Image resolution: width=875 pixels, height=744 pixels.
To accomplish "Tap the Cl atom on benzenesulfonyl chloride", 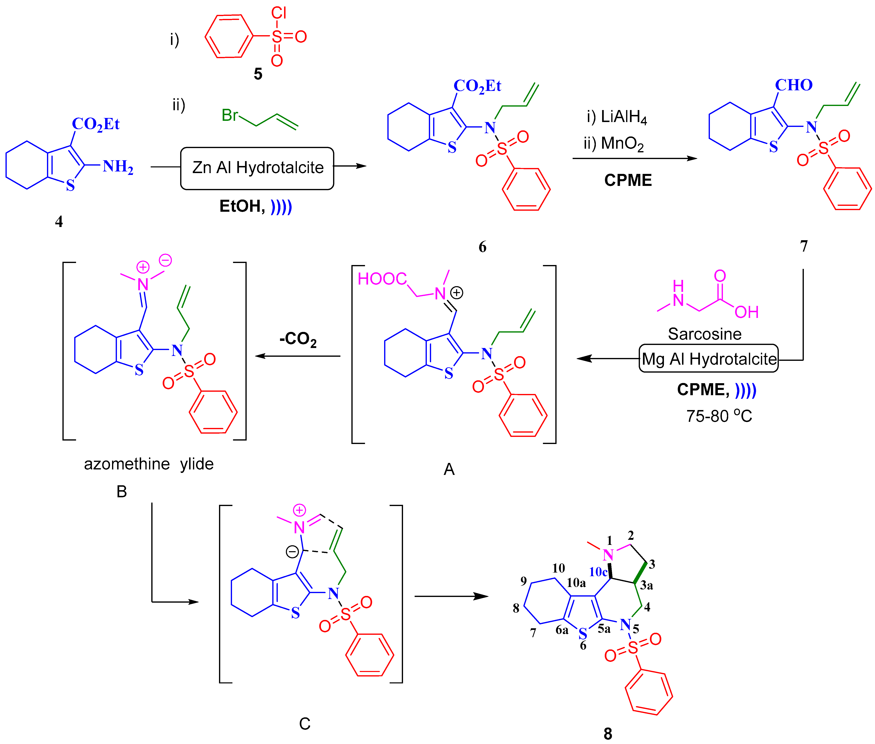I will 279,13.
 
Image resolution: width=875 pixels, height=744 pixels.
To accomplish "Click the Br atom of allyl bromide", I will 230,115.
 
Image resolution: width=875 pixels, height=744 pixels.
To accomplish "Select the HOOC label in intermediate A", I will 382,279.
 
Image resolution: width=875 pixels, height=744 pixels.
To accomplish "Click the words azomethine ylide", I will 148,464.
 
